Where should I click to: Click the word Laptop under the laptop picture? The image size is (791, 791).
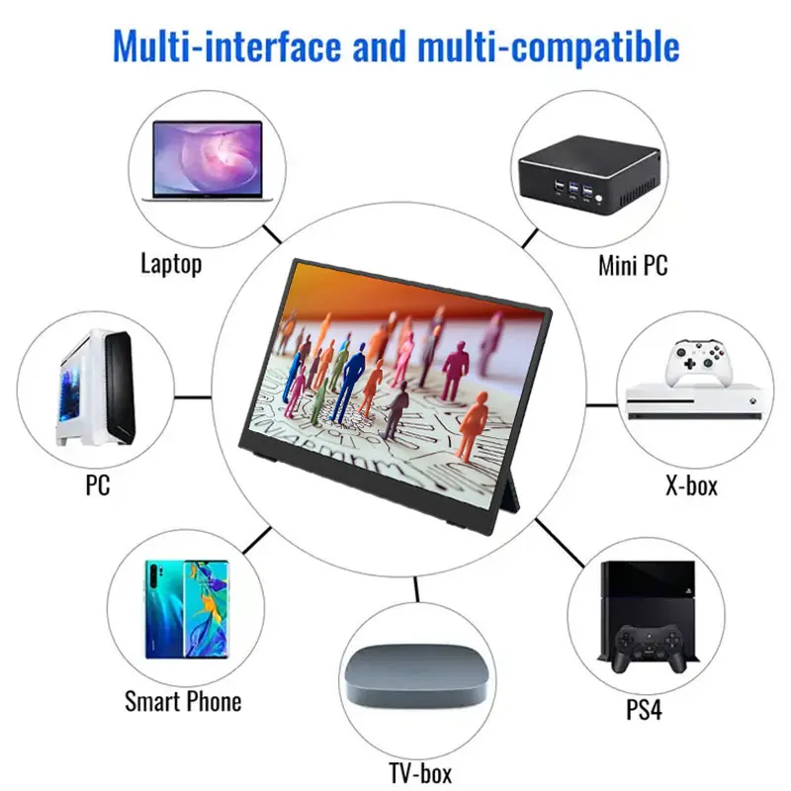point(171,264)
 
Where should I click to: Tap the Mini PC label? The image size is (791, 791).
point(633,265)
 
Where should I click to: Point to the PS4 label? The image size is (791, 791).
point(643,710)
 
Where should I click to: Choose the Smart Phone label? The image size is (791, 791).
point(183,702)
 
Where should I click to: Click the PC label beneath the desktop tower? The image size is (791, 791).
point(97,485)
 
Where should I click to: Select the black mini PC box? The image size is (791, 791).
point(586,176)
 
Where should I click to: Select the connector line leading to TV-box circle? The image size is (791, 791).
point(416,590)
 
